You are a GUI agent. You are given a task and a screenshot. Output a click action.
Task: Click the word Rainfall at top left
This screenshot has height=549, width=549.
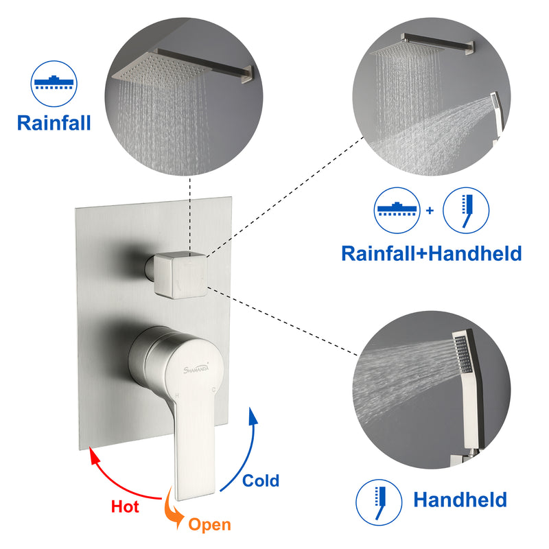coord(54,123)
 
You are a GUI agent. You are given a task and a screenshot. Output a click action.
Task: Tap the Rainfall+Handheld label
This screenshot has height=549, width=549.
coord(432,253)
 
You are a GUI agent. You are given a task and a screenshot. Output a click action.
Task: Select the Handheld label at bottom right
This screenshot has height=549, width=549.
coord(460,499)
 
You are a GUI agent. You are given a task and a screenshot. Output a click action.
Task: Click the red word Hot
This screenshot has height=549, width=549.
coord(126,506)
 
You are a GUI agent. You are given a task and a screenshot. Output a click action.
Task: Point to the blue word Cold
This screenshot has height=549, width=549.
coord(261,480)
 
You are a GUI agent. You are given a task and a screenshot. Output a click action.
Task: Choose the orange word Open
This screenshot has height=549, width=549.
coord(209,525)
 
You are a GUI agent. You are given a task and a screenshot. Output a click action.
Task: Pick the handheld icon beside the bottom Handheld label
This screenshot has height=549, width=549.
coord(379,500)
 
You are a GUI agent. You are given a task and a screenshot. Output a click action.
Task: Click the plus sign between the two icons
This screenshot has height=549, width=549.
coord(430,210)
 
